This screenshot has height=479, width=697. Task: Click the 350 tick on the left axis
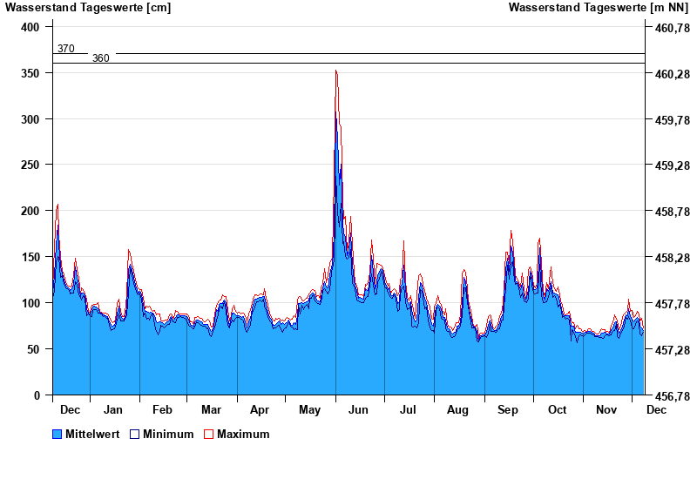(x=31, y=73)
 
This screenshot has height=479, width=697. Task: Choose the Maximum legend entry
(x=243, y=434)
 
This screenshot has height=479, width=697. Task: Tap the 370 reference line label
(x=66, y=49)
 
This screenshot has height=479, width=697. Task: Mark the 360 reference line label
(x=101, y=58)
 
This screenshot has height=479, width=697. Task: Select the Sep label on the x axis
(x=507, y=409)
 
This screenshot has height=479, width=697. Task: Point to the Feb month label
(x=162, y=409)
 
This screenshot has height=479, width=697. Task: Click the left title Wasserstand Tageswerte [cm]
(x=88, y=8)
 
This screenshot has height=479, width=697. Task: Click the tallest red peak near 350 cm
(x=336, y=71)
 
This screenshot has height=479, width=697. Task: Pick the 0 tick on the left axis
(x=37, y=395)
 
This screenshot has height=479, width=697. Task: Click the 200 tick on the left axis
(x=31, y=211)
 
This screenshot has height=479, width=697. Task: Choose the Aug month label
(x=457, y=409)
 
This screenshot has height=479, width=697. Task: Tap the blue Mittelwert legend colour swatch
(x=58, y=434)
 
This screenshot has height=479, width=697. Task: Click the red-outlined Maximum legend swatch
(x=208, y=434)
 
